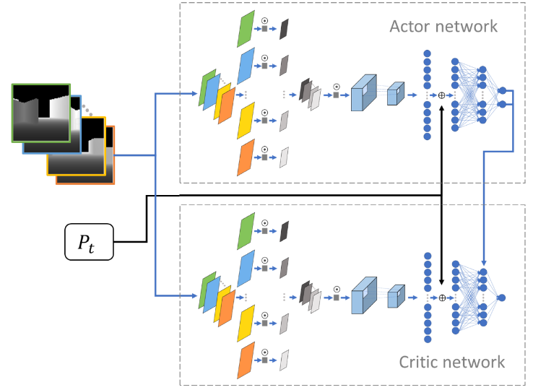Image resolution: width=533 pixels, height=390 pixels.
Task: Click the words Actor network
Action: coord(443,27)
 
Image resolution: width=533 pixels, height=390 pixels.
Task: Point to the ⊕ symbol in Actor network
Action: coord(441,95)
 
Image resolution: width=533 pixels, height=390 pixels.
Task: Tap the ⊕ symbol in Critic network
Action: coord(441,298)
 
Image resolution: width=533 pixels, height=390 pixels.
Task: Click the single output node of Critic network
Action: coord(502,298)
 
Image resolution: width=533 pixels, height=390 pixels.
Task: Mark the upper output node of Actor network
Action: coord(502,90)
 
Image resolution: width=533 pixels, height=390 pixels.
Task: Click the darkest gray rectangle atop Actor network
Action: coord(284,28)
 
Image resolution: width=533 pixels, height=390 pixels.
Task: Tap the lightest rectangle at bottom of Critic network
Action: coord(284,359)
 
